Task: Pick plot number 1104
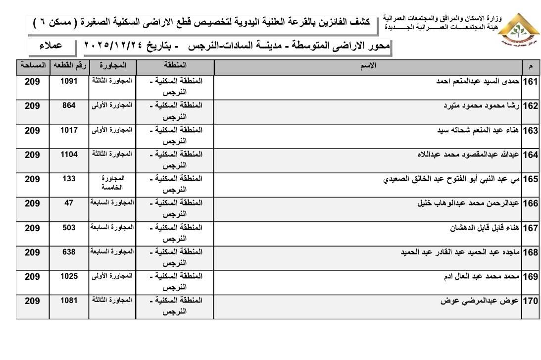coord(69,154)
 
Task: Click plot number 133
coord(69,179)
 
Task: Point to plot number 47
coord(69,203)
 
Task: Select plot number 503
coord(69,227)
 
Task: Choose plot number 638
coord(69,252)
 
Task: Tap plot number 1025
coord(69,276)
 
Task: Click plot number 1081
coord(69,301)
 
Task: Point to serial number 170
coord(530,302)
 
